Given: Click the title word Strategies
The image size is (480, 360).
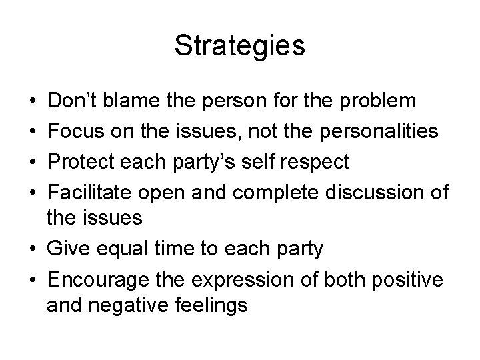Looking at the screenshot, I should [239, 46].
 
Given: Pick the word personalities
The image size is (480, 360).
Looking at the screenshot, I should [373, 131].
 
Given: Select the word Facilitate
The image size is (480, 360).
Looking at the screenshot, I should [93, 190].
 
